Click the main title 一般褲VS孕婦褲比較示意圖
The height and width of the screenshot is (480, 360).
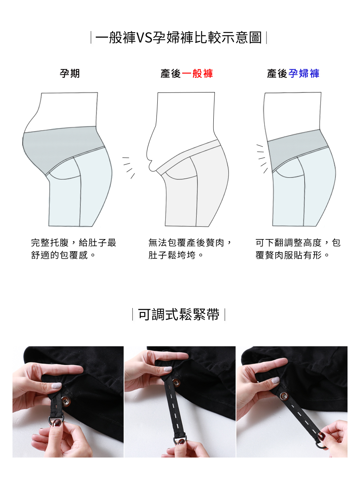point(178,38)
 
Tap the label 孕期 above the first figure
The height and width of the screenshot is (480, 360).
point(70,73)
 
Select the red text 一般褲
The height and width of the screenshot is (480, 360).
point(197,73)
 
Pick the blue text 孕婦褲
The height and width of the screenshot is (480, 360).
point(304,73)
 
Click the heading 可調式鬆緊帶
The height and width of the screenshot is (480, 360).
point(178,314)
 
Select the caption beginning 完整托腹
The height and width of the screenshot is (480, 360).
point(74,249)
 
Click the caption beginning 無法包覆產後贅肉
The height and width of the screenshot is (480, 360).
point(189,249)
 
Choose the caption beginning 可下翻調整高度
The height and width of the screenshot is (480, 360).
point(298,249)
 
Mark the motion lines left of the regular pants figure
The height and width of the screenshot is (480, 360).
point(128,167)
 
